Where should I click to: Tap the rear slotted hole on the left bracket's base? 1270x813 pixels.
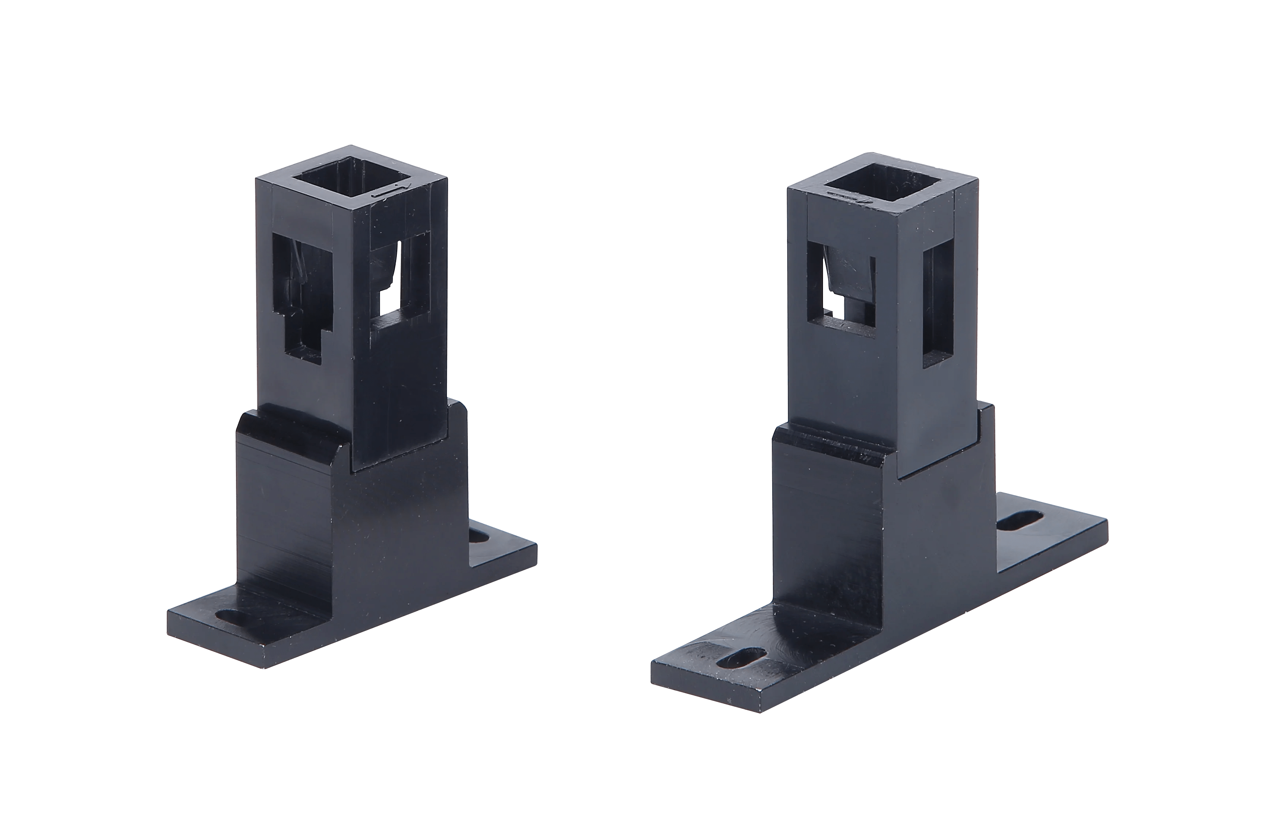point(478,536)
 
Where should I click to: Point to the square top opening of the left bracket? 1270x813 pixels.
point(351,182)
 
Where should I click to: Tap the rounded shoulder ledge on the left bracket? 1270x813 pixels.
point(296,430)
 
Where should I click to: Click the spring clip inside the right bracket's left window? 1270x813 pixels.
point(850,275)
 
